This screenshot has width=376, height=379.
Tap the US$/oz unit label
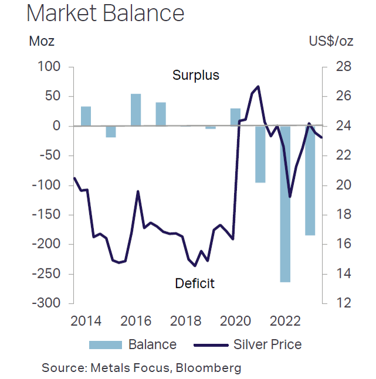point(330,42)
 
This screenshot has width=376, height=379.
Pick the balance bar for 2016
point(136,110)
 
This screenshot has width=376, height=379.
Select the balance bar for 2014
point(86,116)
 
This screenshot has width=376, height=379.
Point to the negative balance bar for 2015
point(110,132)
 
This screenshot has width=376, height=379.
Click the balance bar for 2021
point(260,154)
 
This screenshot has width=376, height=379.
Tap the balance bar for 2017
point(161,114)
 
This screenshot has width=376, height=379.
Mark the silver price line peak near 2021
point(258,87)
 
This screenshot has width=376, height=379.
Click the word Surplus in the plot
point(195,76)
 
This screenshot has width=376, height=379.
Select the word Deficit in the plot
point(195,284)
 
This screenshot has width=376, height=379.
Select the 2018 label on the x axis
point(185,321)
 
